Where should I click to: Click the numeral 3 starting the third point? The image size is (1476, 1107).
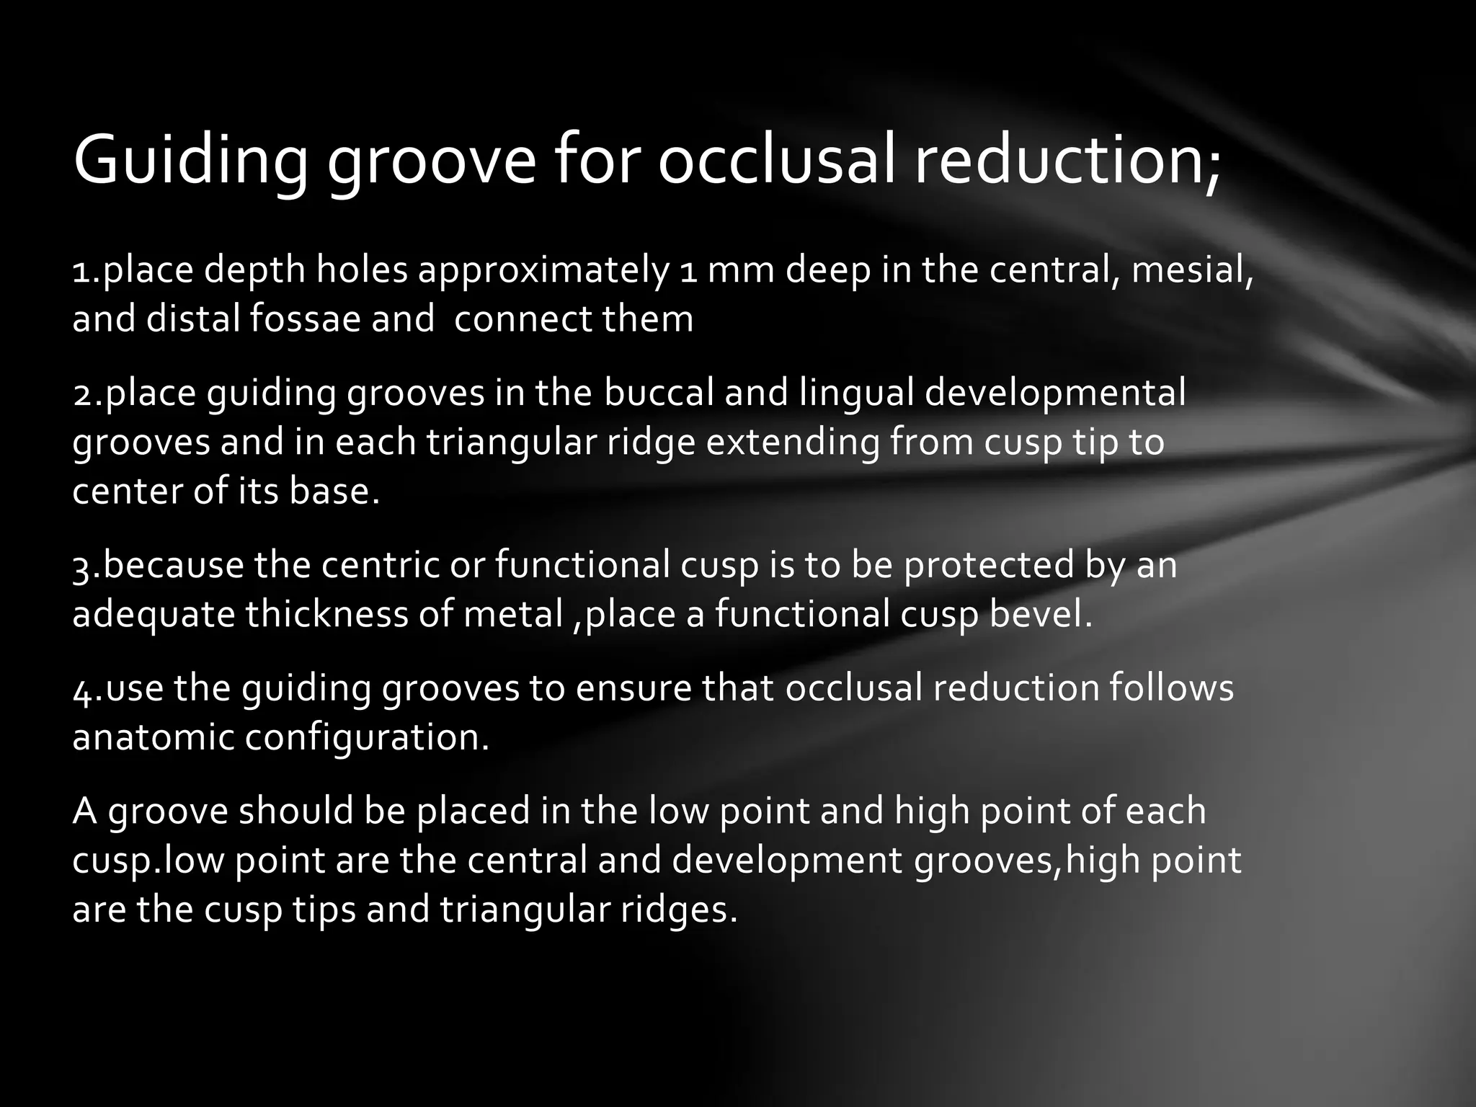[x=81, y=566]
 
